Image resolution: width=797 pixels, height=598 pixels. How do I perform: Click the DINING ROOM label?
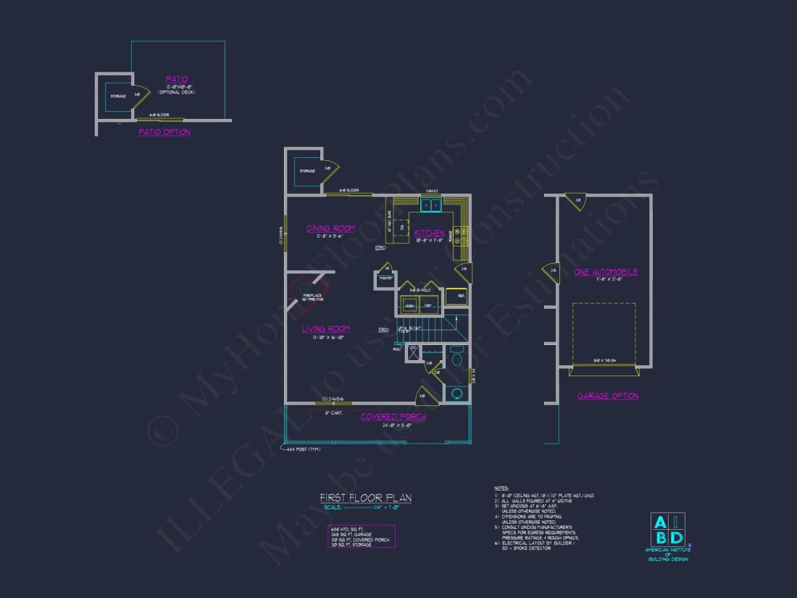point(330,229)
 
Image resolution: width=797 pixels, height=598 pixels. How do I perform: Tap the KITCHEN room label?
point(429,233)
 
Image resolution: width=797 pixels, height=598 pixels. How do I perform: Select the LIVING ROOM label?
point(326,329)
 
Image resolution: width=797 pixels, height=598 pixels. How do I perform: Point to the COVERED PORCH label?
point(393,417)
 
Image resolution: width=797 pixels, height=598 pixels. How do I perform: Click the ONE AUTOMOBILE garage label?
point(606,273)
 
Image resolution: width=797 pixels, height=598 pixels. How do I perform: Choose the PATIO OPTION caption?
point(164,133)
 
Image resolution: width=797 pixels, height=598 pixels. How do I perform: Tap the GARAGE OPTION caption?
point(608,396)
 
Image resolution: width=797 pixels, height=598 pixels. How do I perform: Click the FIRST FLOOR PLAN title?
point(365,497)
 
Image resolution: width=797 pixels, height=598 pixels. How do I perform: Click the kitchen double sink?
point(431,205)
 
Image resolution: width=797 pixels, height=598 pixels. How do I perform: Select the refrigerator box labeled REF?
point(456,296)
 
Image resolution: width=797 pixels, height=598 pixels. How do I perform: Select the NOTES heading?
point(501,489)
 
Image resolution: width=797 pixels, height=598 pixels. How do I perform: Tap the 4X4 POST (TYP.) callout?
point(303,450)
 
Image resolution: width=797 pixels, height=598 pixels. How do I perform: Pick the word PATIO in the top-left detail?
point(177,79)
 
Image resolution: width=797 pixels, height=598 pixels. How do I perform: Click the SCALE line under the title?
point(365,507)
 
